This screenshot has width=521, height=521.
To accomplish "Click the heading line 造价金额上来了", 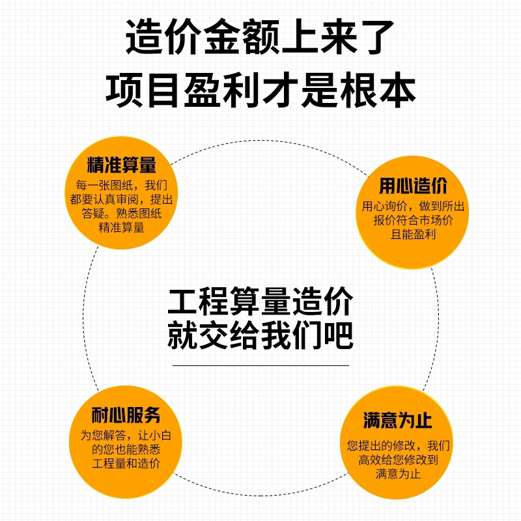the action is click(x=260, y=37).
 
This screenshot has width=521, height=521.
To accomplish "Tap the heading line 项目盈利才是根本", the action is click(x=260, y=89).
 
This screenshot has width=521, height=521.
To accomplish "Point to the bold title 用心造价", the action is click(x=413, y=186).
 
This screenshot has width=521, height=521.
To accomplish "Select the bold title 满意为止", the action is click(x=397, y=420).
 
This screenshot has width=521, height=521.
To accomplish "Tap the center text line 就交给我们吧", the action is click(x=260, y=337).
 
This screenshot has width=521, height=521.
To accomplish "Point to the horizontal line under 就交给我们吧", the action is click(x=260, y=365).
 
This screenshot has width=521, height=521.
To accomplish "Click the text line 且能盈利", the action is click(x=413, y=234).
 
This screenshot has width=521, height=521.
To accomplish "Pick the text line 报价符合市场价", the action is click(x=413, y=220).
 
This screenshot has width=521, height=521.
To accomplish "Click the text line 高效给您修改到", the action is click(x=398, y=460).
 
